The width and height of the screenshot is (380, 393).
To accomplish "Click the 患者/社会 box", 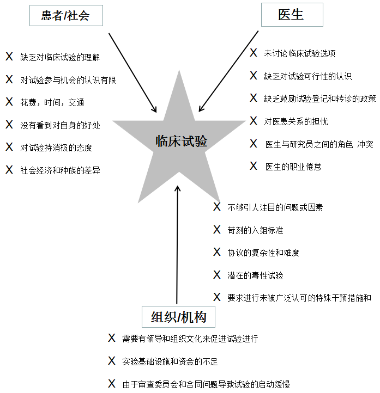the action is pos(66,16).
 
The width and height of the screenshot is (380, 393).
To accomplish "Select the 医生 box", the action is pos(292,15).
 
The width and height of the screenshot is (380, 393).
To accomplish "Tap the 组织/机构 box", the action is pos(178,317).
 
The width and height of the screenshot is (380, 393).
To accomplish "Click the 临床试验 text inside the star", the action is pos(181,141).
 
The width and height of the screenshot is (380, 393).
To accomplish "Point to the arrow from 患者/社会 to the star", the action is pos(132,73).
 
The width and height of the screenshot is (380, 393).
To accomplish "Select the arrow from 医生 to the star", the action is pos(228,71).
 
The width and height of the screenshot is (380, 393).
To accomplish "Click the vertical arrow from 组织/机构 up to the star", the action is pos(177,244).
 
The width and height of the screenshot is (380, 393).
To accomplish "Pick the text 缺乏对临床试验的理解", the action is pos(60,57).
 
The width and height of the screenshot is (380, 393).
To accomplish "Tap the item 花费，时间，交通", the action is pos(52,102).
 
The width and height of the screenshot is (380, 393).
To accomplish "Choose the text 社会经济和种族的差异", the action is pos(60,170).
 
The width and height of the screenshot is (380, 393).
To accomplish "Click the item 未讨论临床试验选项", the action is pos(300,53).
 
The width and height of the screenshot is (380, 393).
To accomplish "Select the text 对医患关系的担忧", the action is pos(296,121).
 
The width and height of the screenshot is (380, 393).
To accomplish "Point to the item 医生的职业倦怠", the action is pos(293,167).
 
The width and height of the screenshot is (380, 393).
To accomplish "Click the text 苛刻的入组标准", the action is pos(255,230).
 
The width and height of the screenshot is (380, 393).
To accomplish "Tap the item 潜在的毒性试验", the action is pos(255,275).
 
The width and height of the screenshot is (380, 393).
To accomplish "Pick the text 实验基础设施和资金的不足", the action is pos(170,361).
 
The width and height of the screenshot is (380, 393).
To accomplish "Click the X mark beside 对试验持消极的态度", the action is pos(9,146).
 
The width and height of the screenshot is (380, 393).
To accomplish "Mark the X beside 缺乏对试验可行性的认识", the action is pos(254,76).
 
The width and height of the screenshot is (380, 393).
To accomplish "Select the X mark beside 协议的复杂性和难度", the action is pos(217,252).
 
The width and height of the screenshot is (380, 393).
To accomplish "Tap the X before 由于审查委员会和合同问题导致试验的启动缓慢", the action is pos(112,384).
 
